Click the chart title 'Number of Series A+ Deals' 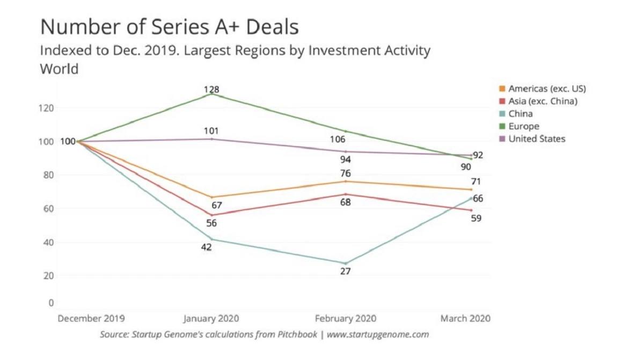170,27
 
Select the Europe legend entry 523,127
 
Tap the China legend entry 520,114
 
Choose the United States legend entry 536,139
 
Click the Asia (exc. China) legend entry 543,101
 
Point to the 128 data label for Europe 211,89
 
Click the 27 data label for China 345,271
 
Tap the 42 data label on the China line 206,247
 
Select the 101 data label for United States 211,130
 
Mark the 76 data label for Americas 345,173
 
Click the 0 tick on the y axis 51,303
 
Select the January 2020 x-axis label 211,318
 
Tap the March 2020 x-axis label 465,318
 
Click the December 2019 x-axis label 91,318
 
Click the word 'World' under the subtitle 59,69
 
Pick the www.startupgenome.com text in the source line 377,334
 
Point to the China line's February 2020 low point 345,263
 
